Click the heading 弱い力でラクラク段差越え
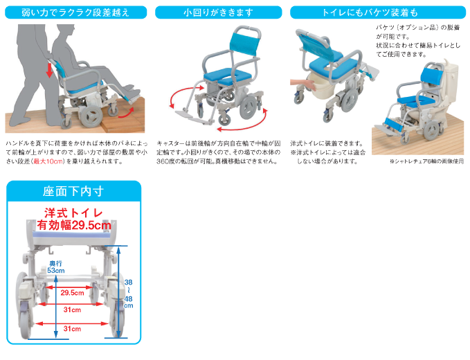click(x=74, y=12)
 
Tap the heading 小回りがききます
click(x=218, y=12)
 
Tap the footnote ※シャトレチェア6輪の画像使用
click(x=426, y=161)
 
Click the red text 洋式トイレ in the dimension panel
click(x=74, y=212)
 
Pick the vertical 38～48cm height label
click(x=128, y=291)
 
